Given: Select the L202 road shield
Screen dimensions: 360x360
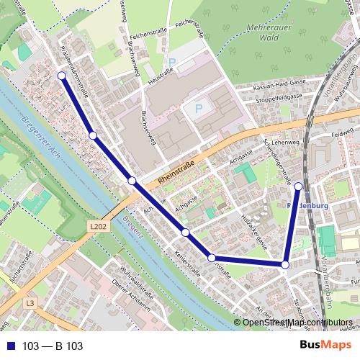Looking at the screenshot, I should coord(100,225).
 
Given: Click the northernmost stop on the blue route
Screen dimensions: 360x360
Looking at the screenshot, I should coord(61,76).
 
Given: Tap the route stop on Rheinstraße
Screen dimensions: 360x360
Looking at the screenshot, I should coord(132,180).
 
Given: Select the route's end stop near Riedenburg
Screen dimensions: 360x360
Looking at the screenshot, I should coord(299,186).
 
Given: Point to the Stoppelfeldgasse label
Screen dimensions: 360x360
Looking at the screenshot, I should coord(277,96).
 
